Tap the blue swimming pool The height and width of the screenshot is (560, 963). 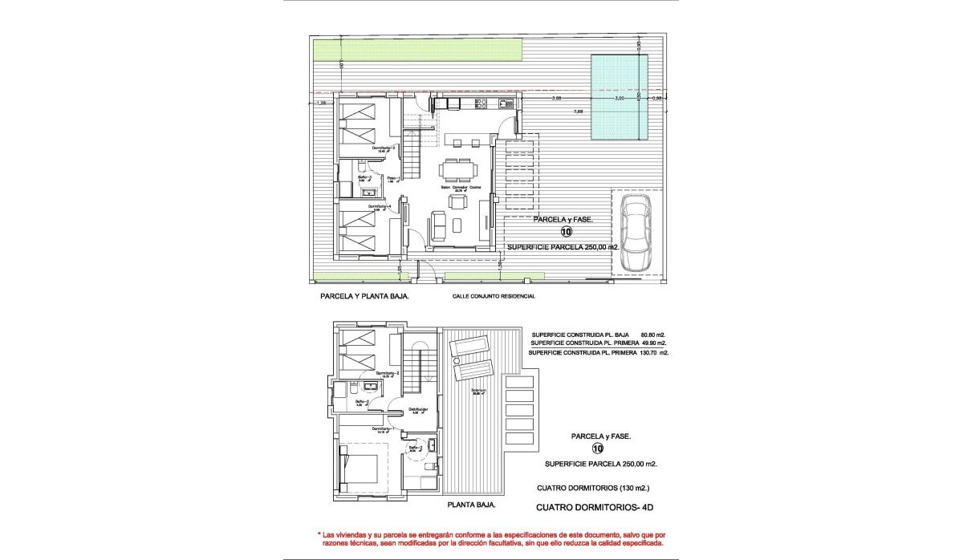(x=619, y=96)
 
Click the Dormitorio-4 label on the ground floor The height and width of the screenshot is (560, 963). (x=380, y=207)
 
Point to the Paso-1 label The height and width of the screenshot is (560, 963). (x=393, y=178)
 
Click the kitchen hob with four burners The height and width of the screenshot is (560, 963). (x=482, y=103)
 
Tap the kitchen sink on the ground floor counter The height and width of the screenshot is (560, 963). (x=505, y=103)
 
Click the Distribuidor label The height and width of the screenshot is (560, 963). (x=418, y=410)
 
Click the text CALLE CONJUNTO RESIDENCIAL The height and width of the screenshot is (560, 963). (x=493, y=296)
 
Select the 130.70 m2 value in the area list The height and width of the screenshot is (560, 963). (x=652, y=352)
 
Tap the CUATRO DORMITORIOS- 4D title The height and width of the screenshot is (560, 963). (x=594, y=507)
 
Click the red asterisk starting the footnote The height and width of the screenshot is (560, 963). (x=319, y=534)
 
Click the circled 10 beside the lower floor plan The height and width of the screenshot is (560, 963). (x=597, y=449)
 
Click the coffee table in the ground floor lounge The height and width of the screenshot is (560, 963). (x=457, y=225)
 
